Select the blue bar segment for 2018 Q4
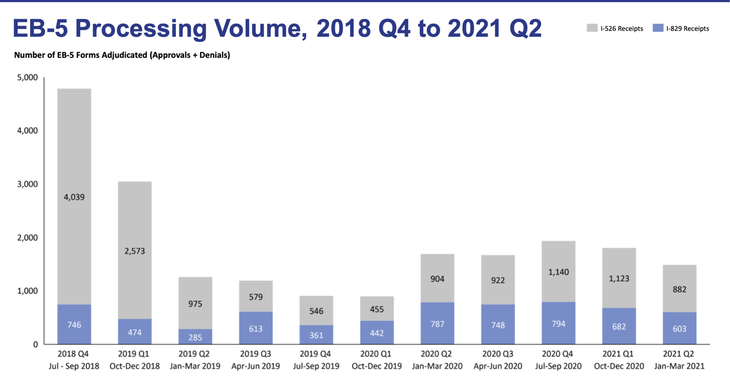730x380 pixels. coord(74,324)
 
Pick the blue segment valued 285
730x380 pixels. coord(195,337)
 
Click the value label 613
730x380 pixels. coord(256,328)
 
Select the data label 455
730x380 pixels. coord(377,309)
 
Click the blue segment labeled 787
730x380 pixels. coord(437,323)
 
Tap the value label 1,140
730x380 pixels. coord(558,272)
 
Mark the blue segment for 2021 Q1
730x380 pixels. coord(619,326)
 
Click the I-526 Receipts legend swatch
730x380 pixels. coord(592,28)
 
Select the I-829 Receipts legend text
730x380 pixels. coord(688,29)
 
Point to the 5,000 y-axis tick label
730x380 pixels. coord(28,78)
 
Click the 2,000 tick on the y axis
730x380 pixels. coord(28,238)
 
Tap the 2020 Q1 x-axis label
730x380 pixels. coord(377,354)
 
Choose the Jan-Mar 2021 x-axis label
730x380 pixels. coord(679,366)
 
